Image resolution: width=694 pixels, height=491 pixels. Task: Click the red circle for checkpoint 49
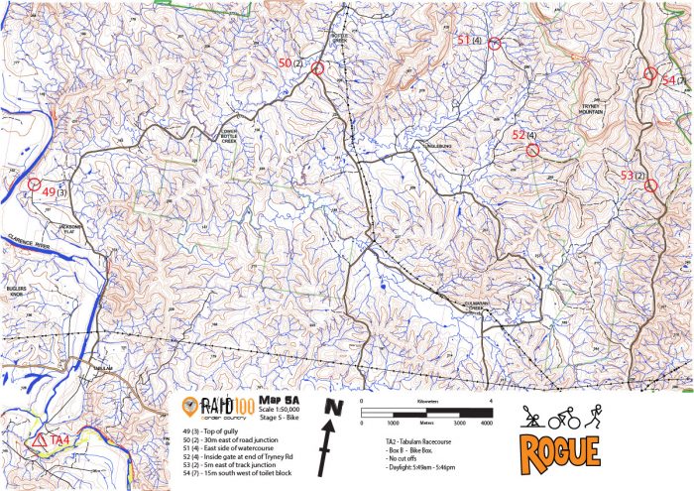click(34, 184)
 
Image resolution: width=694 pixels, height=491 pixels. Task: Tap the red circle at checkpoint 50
click(318, 67)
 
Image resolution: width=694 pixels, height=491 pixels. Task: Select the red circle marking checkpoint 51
click(494, 43)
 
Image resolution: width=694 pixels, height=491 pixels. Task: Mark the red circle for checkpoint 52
click(532, 150)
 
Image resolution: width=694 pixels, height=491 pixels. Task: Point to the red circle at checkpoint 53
click(651, 185)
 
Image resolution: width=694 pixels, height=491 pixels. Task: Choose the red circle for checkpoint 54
click(650, 73)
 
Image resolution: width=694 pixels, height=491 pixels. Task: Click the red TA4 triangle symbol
click(39, 439)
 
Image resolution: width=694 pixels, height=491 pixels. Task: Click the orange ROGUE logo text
click(560, 449)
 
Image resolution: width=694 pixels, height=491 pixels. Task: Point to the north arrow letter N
click(333, 407)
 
